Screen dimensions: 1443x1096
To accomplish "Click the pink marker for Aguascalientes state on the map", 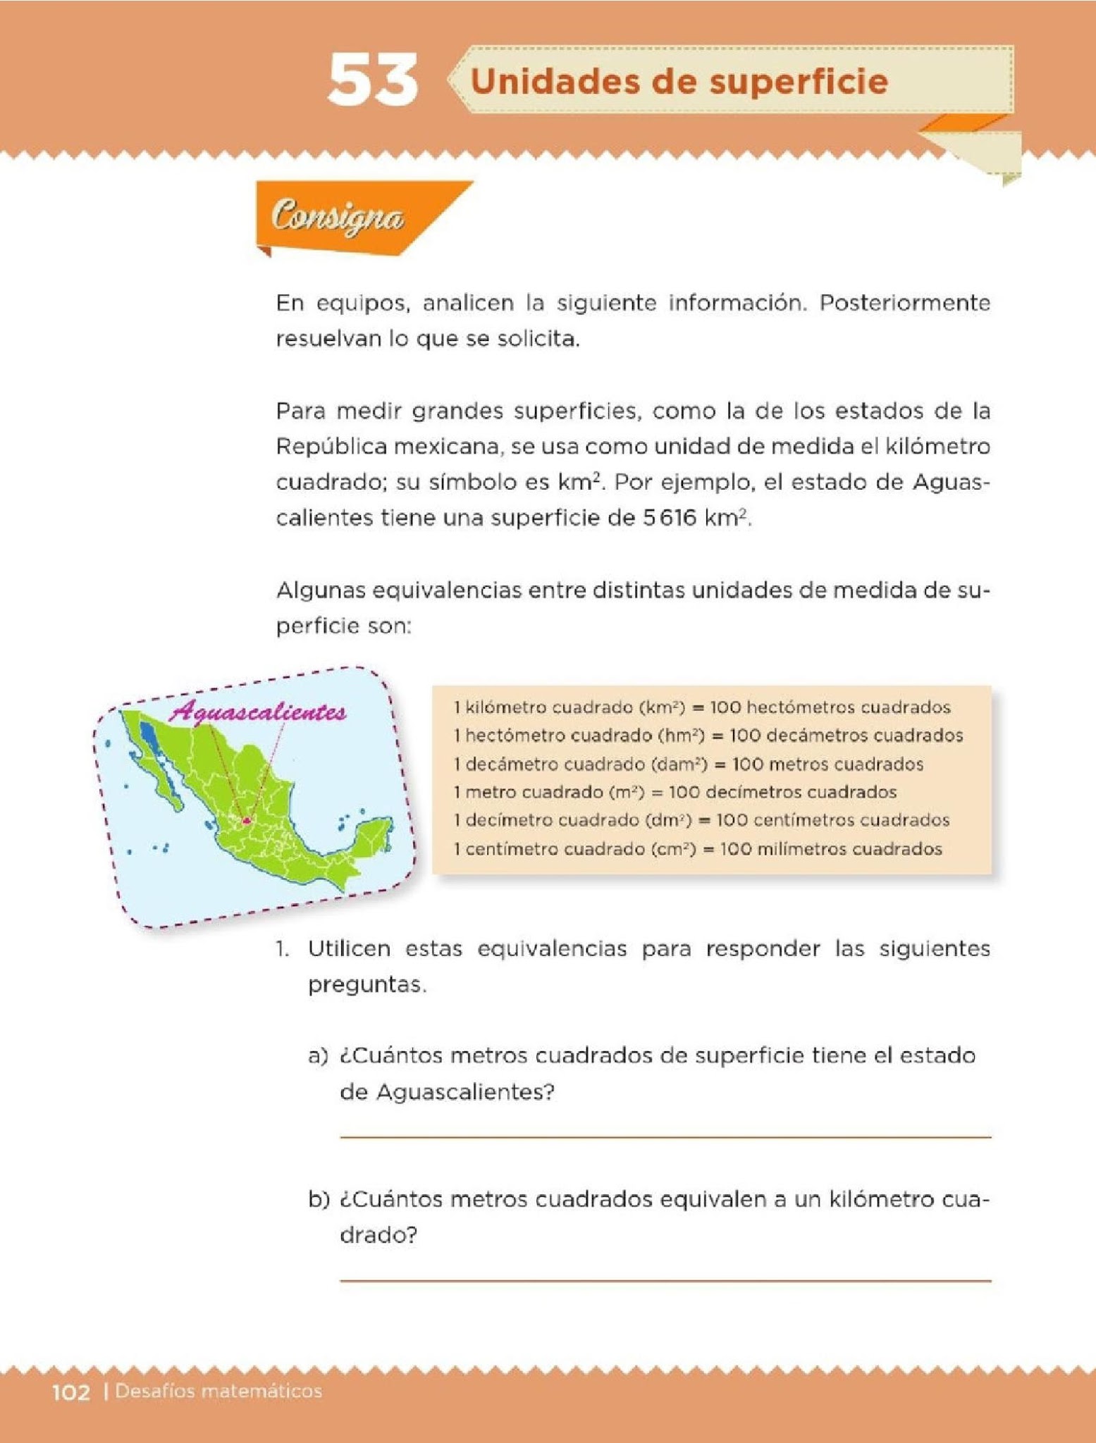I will [x=247, y=820].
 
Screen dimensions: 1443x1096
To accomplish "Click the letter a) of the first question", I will [x=318, y=1056].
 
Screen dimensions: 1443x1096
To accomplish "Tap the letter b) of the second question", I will [x=319, y=1200].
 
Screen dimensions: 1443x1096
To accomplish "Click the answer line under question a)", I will [x=665, y=1137].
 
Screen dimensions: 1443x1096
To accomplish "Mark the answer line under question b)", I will [x=665, y=1280].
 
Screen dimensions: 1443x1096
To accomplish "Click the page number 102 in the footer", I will [x=71, y=1392].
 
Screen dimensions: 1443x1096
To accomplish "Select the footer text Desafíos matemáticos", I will [x=218, y=1392].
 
